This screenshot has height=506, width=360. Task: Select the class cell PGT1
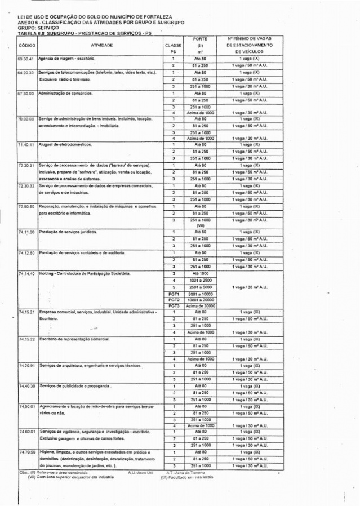[174, 294]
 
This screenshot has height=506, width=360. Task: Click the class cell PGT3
[174, 305]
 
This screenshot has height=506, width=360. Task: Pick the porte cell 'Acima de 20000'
[201, 305]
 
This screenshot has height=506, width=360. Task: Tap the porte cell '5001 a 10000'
[201, 294]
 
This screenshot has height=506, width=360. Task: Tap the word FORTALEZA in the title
[157, 17]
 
